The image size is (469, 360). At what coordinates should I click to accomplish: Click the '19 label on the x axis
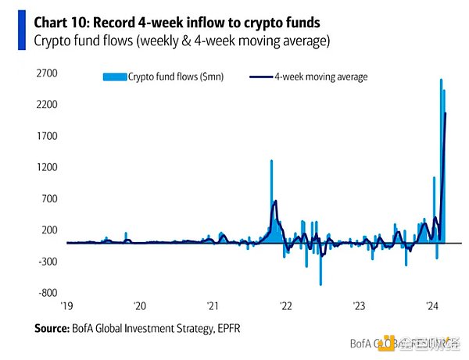click(67, 305)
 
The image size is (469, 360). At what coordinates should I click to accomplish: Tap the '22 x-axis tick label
click(286, 305)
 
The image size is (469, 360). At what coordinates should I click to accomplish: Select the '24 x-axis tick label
click(431, 305)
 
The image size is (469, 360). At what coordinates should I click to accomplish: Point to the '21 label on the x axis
click(213, 305)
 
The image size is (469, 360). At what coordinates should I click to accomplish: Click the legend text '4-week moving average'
click(321, 77)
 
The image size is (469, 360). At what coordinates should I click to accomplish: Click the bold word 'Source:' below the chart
click(55, 328)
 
